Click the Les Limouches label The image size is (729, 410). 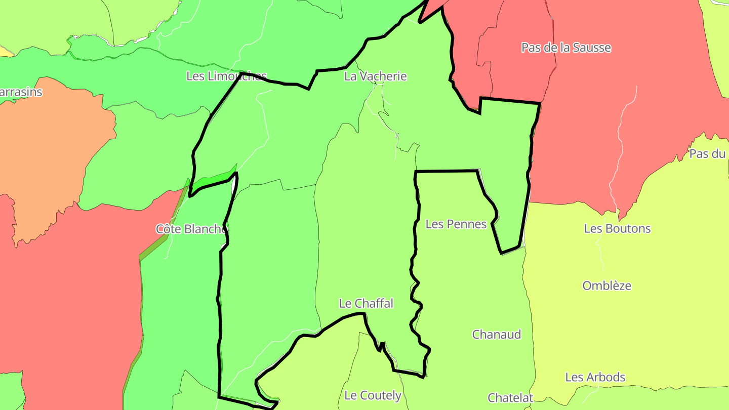226,76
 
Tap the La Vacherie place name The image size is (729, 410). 375,76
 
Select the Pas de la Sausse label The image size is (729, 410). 566,48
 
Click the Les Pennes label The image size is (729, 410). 456,224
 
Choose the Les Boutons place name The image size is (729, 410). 617,228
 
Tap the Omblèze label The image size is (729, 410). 606,285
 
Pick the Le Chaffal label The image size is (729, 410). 366,303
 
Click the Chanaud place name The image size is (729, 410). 496,335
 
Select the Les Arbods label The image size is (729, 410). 595,377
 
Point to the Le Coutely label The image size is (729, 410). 373,395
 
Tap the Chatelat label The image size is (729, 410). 510,398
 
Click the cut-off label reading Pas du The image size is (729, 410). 708,154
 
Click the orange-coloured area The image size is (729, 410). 51,152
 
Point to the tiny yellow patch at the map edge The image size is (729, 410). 5,51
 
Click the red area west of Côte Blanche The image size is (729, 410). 66,304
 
